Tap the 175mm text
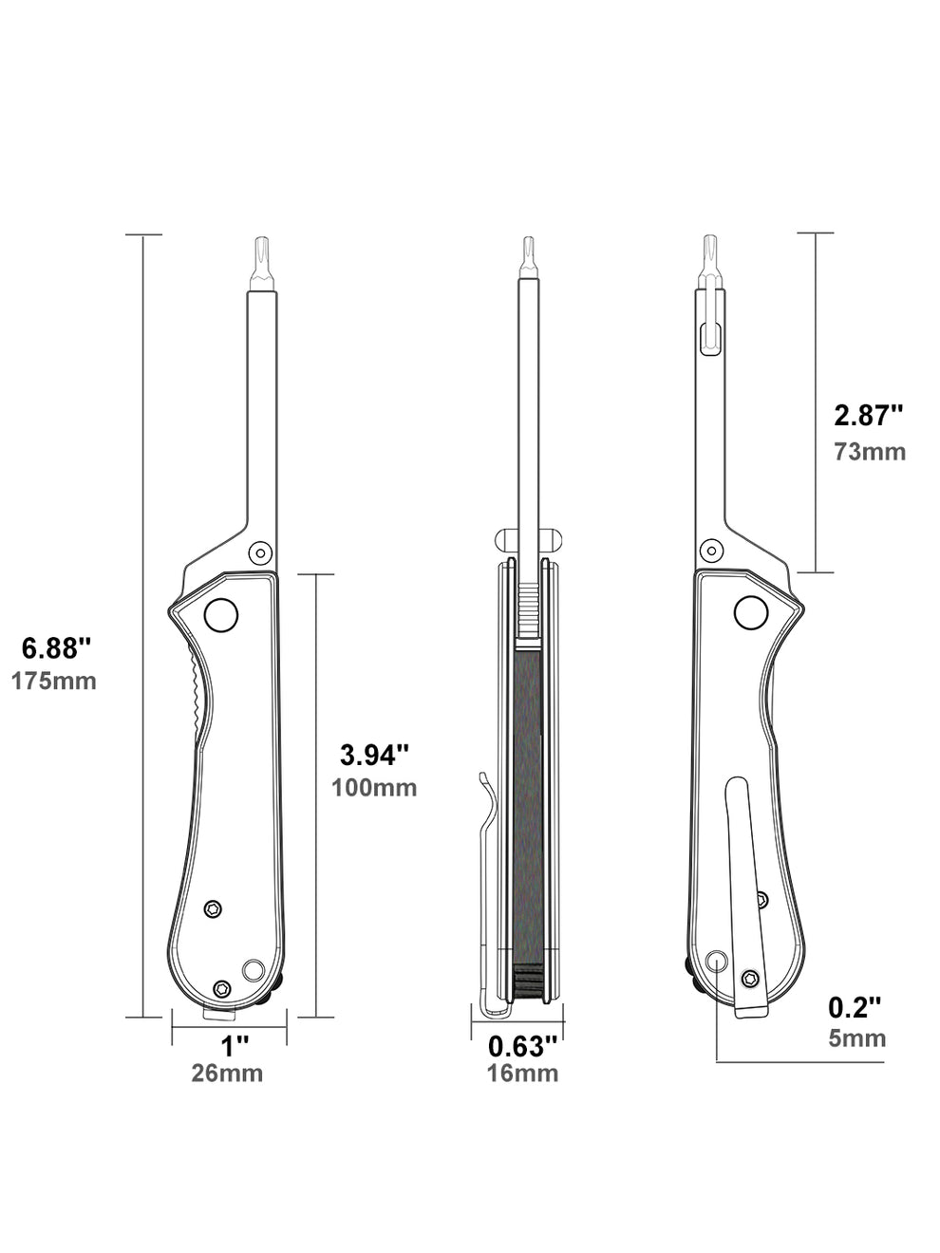(x=54, y=681)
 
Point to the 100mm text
(x=374, y=787)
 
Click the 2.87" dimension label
(x=868, y=416)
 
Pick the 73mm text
(x=870, y=451)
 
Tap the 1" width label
(x=229, y=1046)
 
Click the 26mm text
(x=229, y=1074)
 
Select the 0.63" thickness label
(x=522, y=1046)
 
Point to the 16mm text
(x=522, y=1074)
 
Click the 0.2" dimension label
(x=855, y=1006)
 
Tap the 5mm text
(x=857, y=1038)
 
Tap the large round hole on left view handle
(x=221, y=615)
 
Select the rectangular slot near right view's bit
(x=708, y=336)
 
